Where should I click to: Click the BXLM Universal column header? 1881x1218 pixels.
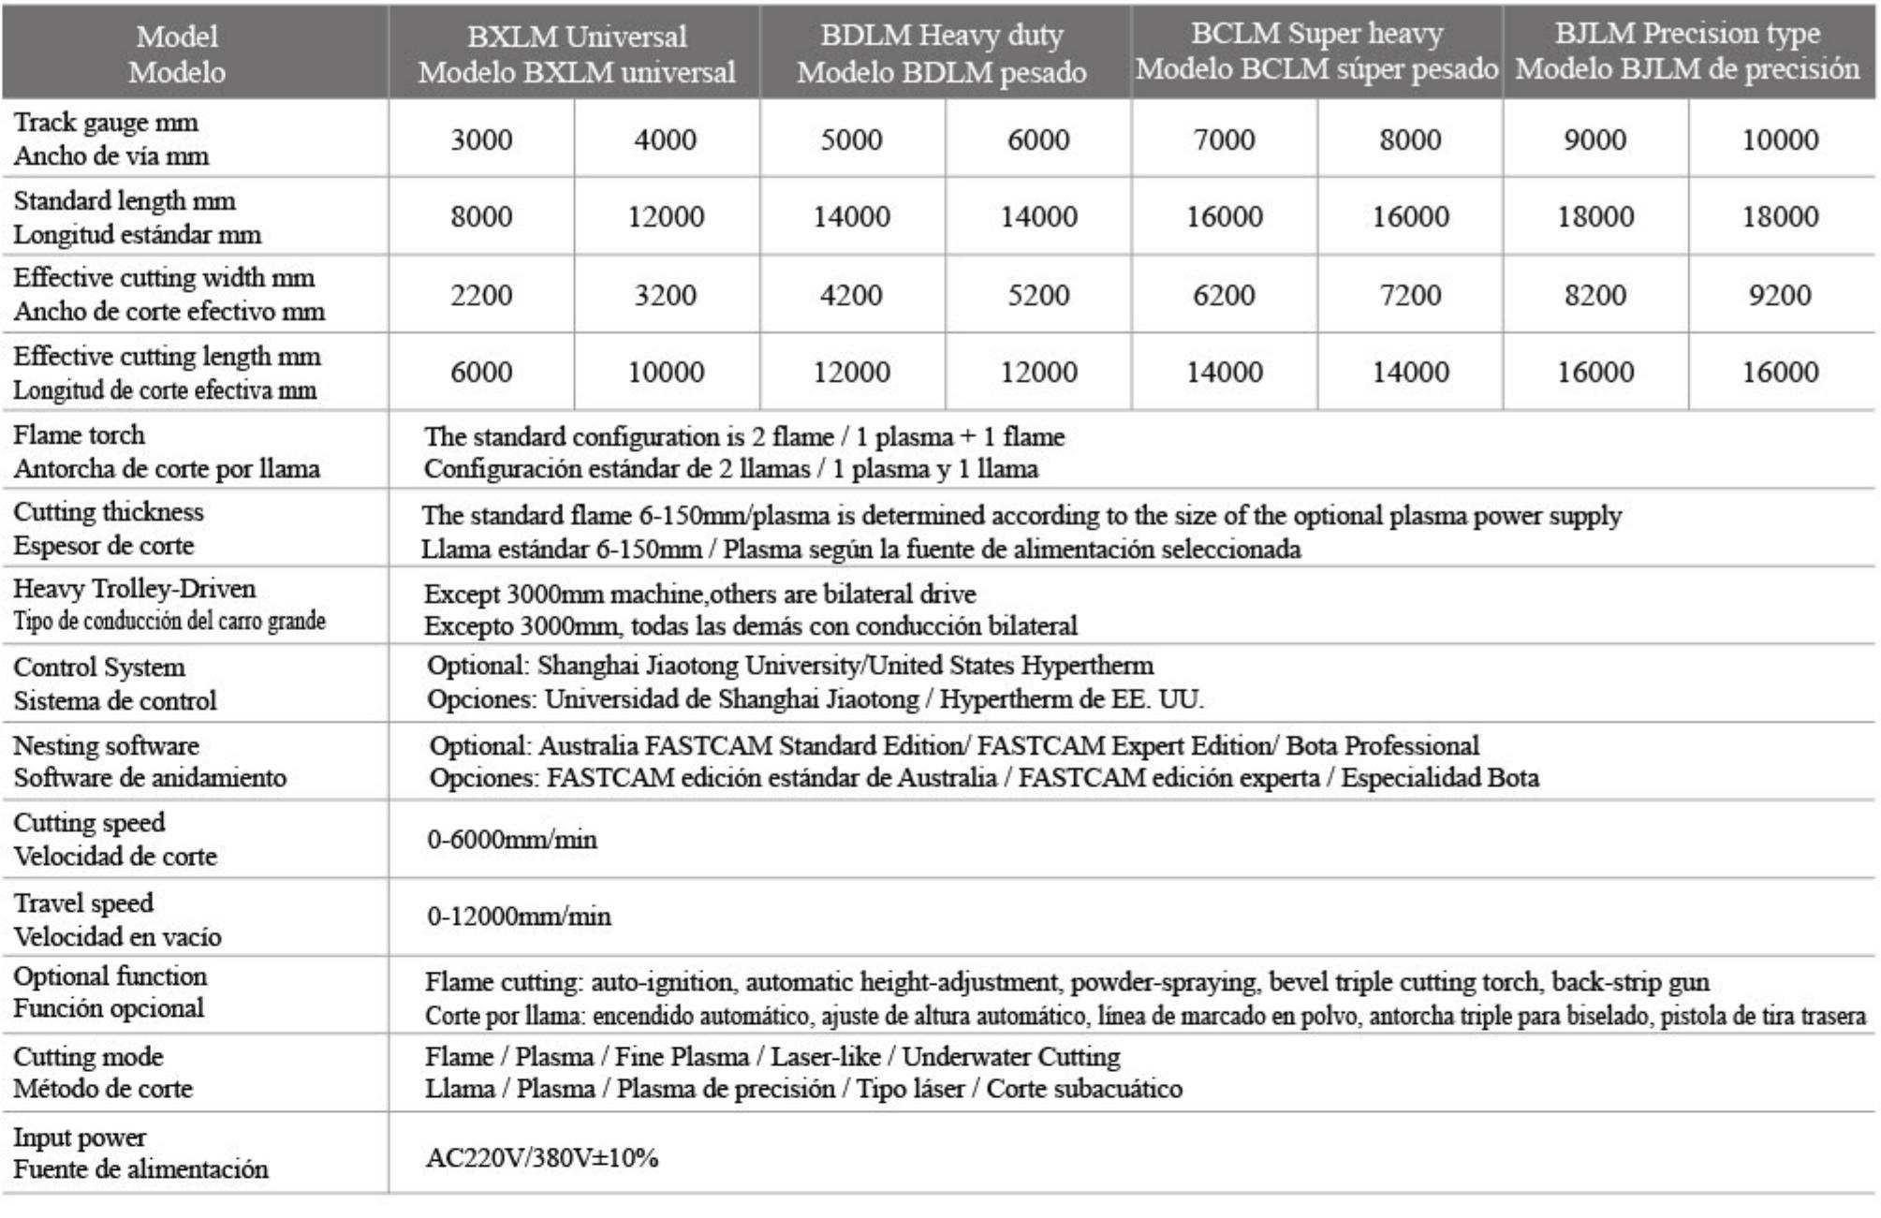[x=576, y=53]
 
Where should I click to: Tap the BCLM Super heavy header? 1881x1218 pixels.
[x=1316, y=51]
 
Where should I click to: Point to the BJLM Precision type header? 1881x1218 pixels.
[x=1687, y=51]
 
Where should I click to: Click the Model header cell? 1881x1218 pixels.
[x=177, y=53]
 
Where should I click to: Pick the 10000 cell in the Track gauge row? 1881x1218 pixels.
[x=1780, y=139]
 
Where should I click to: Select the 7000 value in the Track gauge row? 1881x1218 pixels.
[x=1224, y=139]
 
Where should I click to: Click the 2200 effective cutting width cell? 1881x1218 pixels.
[x=481, y=295]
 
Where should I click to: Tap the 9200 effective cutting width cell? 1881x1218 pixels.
[x=1780, y=295]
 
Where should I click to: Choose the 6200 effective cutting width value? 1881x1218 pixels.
[x=1224, y=295]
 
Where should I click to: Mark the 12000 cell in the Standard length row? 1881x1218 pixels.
[x=666, y=217]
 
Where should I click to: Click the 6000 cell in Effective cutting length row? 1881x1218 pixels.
[x=481, y=372]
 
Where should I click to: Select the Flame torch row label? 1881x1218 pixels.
[x=80, y=435]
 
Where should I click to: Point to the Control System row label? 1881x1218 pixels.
[x=99, y=668]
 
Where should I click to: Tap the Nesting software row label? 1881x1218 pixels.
[x=106, y=746]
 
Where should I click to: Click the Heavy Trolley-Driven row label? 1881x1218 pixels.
[x=134, y=589]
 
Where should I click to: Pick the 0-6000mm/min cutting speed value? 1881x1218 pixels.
[x=512, y=839]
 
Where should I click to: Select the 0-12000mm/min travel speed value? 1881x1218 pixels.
[x=519, y=916]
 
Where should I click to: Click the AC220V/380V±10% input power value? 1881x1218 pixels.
[x=542, y=1158]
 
